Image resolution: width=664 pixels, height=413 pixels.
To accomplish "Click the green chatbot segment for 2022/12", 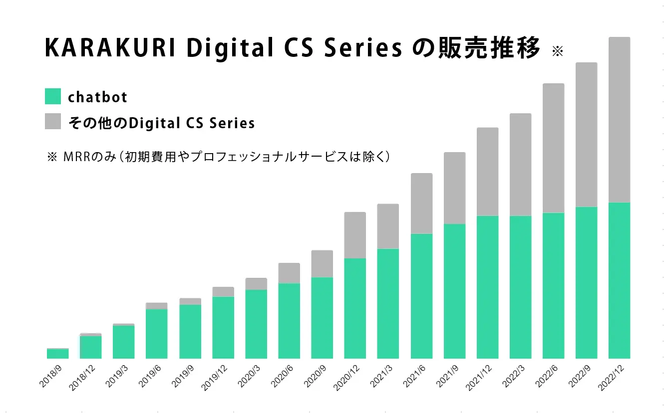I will pyautogui.click(x=619, y=280).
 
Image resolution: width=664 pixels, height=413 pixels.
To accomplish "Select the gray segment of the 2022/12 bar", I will pyautogui.click(x=619, y=120).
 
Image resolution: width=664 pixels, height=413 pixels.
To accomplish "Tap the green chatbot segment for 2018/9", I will pyautogui.click(x=58, y=354).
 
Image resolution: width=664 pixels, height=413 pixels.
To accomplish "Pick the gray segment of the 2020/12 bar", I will pyautogui.click(x=355, y=235).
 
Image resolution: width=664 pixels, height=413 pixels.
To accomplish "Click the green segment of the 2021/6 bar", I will pyautogui.click(x=421, y=296).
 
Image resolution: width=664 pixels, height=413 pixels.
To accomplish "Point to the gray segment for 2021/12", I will pyautogui.click(x=487, y=172).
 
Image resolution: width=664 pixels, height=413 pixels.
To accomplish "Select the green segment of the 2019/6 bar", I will pyautogui.click(x=157, y=334).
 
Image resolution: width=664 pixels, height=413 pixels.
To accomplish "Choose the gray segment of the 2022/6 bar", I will pyautogui.click(x=553, y=148).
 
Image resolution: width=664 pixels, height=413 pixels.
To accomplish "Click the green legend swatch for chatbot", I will pyautogui.click(x=53, y=96).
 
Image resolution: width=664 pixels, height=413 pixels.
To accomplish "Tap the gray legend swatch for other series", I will pyautogui.click(x=53, y=122).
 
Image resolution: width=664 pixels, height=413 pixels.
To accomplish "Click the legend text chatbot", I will pyautogui.click(x=98, y=97).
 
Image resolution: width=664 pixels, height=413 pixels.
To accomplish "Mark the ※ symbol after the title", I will pyautogui.click(x=557, y=52).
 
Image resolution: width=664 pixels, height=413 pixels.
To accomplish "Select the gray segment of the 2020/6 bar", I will pyautogui.click(x=289, y=273).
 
